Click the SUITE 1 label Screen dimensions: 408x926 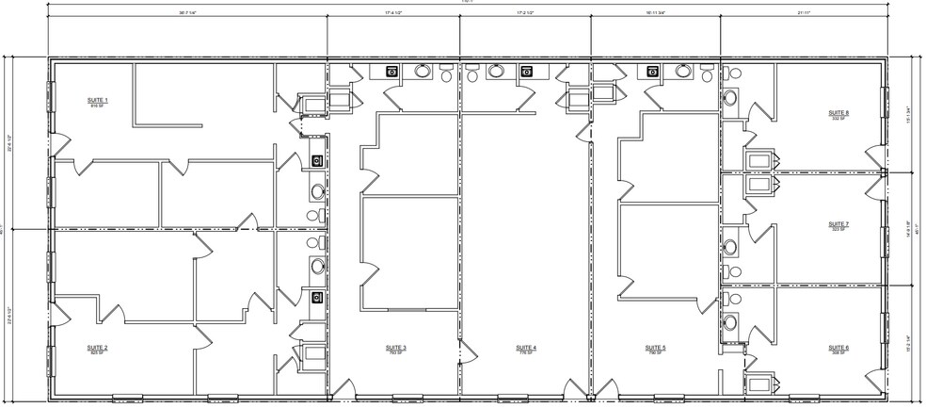[99, 100]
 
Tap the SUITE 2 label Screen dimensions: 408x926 [99, 348]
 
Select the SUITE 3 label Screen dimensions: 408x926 [396, 348]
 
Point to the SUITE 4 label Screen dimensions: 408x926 [527, 348]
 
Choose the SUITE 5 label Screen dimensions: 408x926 [656, 348]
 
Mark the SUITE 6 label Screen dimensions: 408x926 [839, 348]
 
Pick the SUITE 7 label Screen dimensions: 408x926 [839, 224]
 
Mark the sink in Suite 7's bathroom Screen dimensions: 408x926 [731, 247]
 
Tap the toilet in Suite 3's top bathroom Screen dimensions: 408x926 [423, 71]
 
